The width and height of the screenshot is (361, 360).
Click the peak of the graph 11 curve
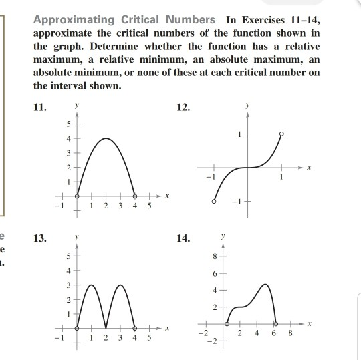click(105, 138)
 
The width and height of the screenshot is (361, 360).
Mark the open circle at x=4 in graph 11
click(134, 196)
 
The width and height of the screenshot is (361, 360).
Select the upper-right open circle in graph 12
click(281, 134)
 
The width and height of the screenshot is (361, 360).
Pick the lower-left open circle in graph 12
click(214, 202)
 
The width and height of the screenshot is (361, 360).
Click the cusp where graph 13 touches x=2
click(106, 328)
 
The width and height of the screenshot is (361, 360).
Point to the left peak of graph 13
click(92, 284)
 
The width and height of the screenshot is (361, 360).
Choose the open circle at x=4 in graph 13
click(134, 328)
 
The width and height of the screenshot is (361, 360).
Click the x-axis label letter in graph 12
click(308, 168)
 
